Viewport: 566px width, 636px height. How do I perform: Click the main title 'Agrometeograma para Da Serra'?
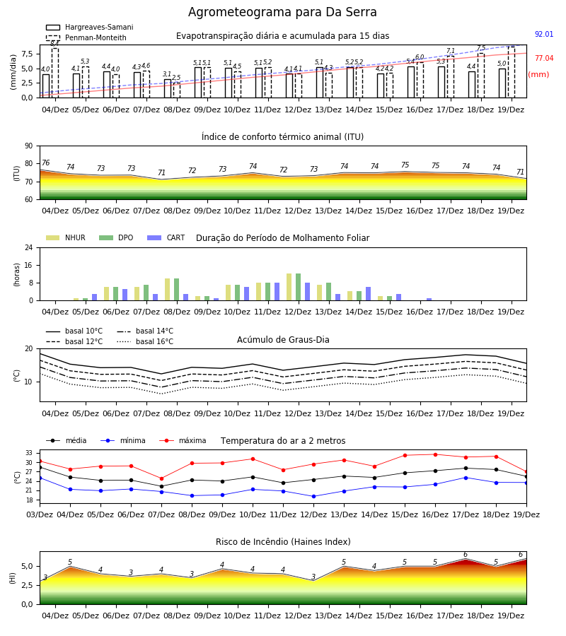282,12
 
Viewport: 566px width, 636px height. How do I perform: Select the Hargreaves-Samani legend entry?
89,27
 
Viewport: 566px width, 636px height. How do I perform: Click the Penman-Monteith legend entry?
86,37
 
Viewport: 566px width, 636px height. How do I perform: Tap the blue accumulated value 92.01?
544,34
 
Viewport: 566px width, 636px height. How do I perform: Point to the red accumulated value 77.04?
544,58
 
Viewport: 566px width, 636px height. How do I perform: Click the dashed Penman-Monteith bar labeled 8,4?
55,73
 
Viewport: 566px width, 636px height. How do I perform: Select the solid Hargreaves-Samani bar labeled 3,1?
168,88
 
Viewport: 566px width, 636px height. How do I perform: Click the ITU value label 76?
45,163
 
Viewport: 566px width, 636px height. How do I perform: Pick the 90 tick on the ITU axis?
29,146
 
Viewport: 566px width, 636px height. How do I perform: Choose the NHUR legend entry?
66,237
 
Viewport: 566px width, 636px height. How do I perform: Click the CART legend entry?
166,237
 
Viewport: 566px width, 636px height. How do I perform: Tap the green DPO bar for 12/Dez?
299,287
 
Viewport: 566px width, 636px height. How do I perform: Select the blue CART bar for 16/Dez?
429,300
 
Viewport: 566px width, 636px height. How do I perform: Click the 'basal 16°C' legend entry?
145,341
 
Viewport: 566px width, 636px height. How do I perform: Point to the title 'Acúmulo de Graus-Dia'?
283,339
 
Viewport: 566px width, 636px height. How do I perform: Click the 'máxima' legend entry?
183,440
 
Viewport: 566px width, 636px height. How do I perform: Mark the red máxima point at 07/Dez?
161,478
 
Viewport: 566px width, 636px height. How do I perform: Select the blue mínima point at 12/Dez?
313,496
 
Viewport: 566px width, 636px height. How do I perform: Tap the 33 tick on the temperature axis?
29,453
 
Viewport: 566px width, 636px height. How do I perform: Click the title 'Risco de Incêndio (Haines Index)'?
283,542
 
